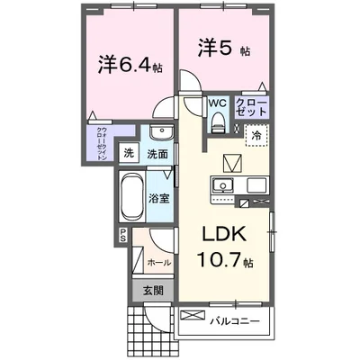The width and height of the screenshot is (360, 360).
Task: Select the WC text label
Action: pyautogui.click(x=218, y=103)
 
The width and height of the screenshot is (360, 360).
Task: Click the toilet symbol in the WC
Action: pyautogui.click(x=218, y=125)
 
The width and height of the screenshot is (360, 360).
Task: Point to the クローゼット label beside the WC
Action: pyautogui.click(x=250, y=109)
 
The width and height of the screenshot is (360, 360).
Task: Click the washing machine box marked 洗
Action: pyautogui.click(x=129, y=153)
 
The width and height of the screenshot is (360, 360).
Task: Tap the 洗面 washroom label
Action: pyautogui.click(x=157, y=154)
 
